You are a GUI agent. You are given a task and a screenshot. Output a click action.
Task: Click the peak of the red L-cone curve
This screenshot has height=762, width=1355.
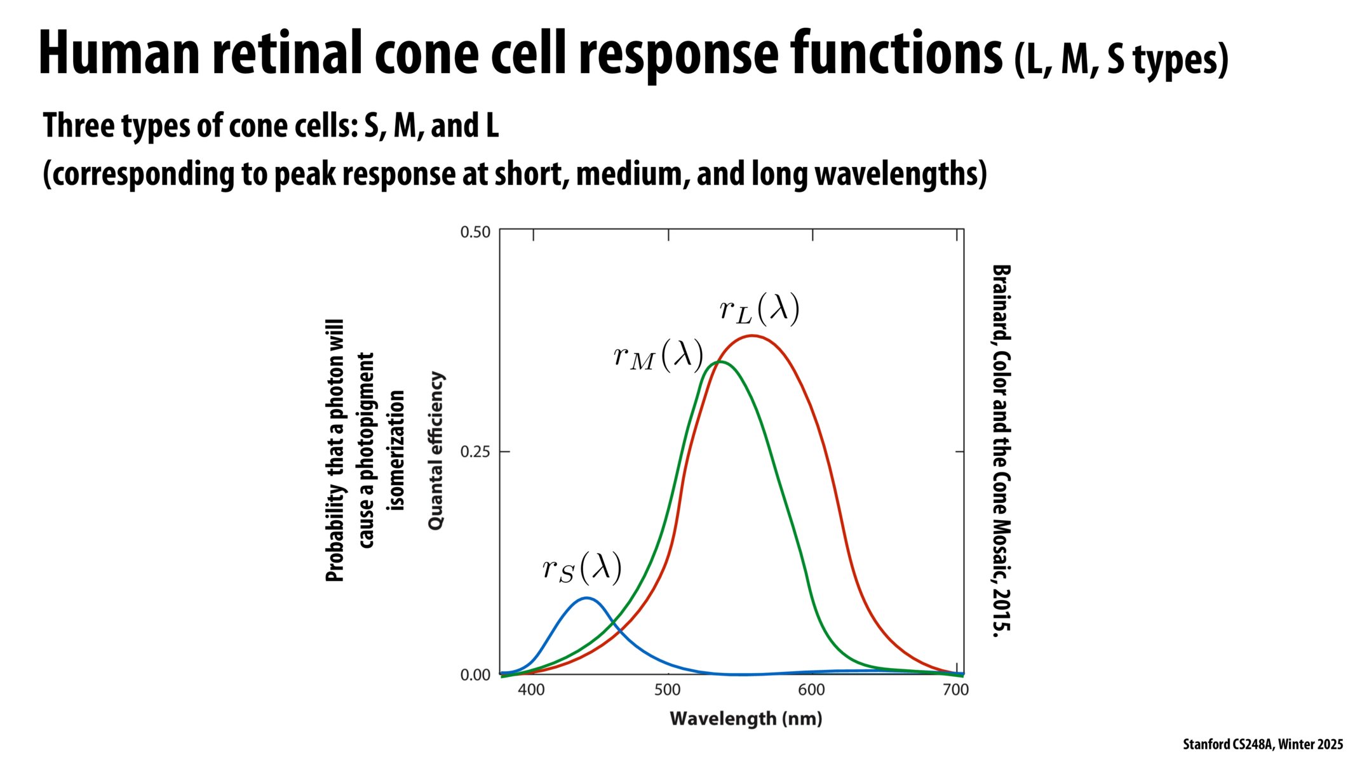[752, 336]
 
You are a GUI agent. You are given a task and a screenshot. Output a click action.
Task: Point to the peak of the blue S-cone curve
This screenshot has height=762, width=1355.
[585, 598]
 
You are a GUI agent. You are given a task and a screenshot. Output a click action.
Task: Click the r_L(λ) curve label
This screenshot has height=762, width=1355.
[759, 309]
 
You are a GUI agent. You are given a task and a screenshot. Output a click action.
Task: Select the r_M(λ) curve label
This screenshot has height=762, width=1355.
[658, 355]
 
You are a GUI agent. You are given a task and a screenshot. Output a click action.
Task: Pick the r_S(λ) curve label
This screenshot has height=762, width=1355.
[581, 568]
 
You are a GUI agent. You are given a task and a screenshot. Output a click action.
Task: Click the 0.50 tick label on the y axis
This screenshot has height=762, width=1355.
[475, 232]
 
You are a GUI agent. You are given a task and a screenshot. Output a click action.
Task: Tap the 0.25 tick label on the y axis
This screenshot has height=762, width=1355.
[475, 452]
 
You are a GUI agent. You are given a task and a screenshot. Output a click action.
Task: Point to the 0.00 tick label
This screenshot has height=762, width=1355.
[475, 675]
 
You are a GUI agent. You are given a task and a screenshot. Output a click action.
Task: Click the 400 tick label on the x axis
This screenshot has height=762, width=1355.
[531, 690]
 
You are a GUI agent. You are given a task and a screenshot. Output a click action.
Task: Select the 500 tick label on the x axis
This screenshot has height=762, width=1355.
[667, 690]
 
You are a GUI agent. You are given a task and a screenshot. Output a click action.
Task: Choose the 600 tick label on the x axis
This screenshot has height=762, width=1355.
[811, 690]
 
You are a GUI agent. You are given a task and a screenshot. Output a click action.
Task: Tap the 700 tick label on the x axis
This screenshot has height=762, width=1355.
[955, 690]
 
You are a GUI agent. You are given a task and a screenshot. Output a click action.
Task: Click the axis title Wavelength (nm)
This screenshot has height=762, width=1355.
[746, 719]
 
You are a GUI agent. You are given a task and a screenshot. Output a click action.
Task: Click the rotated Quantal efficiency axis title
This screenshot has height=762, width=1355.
[436, 451]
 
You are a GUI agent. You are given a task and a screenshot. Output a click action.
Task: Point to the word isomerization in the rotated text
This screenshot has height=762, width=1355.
[396, 451]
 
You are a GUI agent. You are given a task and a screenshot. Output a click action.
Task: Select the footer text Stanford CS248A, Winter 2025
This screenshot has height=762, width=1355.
[1262, 744]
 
